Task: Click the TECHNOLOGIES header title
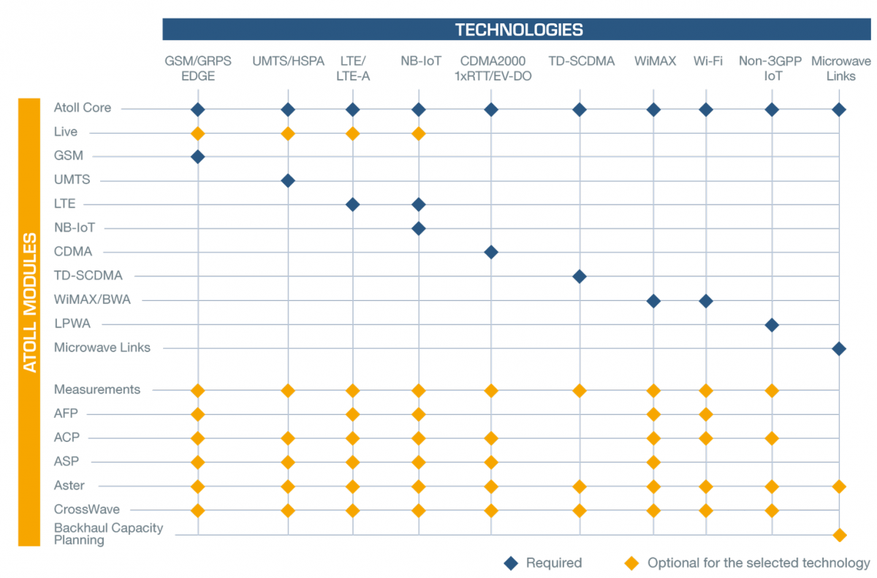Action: coord(519,30)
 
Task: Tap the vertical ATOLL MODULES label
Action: coord(29,303)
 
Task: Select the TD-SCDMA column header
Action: coord(581,61)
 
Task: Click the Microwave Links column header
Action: coord(840,69)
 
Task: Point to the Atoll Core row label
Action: coord(83,108)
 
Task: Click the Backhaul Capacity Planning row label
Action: coord(108,534)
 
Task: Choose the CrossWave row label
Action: coord(86,509)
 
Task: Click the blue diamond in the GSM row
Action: coord(197,156)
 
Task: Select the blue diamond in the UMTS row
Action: coord(288,180)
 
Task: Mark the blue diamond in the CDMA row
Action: coord(491,252)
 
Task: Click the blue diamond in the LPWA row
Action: coord(771,324)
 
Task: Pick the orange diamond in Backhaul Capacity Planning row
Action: coord(839,535)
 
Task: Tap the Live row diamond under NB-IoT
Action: coord(419,133)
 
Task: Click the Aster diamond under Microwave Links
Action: coord(839,486)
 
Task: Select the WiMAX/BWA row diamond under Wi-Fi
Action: coord(706,300)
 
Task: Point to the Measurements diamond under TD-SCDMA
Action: coord(580,391)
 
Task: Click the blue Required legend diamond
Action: coord(512,563)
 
